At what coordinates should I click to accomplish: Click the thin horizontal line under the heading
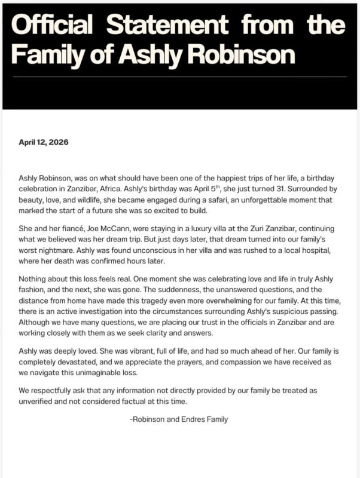click(x=179, y=76)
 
